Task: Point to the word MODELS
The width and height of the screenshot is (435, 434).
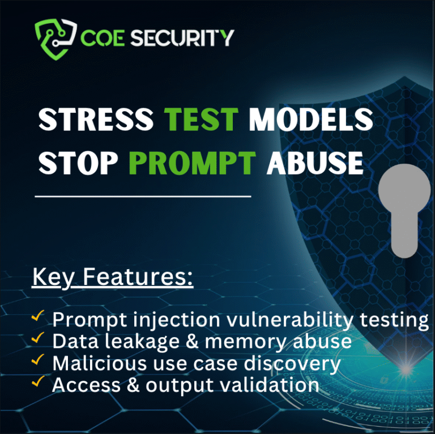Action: [310, 120]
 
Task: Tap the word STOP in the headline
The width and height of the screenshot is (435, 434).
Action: [78, 163]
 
